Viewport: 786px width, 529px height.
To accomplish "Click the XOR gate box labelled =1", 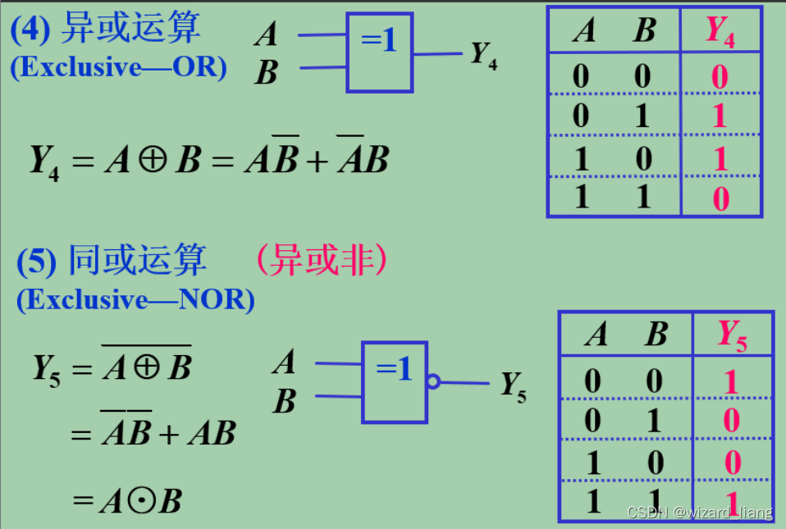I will click(x=379, y=52).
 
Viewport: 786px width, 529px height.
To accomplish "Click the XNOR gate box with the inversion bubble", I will click(x=394, y=381).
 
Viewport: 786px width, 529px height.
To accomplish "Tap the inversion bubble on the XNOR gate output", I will click(x=432, y=381).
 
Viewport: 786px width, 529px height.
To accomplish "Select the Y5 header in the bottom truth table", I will click(x=732, y=335).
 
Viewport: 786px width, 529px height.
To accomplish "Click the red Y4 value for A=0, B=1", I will click(x=720, y=116).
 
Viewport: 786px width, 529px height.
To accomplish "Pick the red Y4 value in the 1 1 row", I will click(x=720, y=197).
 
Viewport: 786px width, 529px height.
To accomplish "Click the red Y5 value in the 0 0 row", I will click(x=732, y=381).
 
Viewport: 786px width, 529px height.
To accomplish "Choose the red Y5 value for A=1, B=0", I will click(x=732, y=463).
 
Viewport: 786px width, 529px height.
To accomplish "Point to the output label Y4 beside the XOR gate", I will click(x=483, y=55).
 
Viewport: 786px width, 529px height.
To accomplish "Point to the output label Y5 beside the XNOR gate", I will click(x=514, y=385).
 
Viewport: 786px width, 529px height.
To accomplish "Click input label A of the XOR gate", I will click(x=266, y=34).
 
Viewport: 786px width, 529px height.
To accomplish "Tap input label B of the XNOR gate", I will click(x=284, y=402).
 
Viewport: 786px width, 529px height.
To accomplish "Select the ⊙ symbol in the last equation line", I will click(x=140, y=501).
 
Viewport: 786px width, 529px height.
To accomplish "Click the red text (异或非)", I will click(x=320, y=261).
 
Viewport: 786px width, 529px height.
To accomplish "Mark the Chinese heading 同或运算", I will click(x=136, y=262).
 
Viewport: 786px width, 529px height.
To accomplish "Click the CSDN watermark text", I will click(x=699, y=513).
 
